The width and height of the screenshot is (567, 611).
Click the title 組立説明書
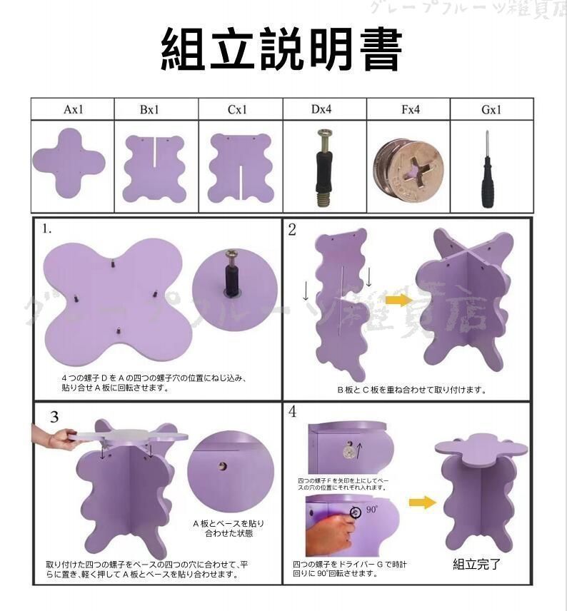point(282,50)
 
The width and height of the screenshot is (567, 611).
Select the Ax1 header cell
point(73,110)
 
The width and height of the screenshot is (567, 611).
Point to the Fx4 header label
point(409,110)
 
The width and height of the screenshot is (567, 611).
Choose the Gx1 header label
point(491,110)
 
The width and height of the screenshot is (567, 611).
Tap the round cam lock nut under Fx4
point(408,166)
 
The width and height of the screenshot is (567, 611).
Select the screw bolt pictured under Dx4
point(323,166)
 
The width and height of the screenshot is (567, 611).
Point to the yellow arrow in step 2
point(398,300)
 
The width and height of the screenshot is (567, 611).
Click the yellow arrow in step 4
point(422,503)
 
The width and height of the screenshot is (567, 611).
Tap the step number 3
point(54,417)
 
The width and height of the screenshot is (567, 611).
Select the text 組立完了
point(476,564)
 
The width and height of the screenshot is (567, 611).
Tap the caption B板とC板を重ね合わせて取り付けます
point(412,390)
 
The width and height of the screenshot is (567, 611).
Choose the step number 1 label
point(46,229)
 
